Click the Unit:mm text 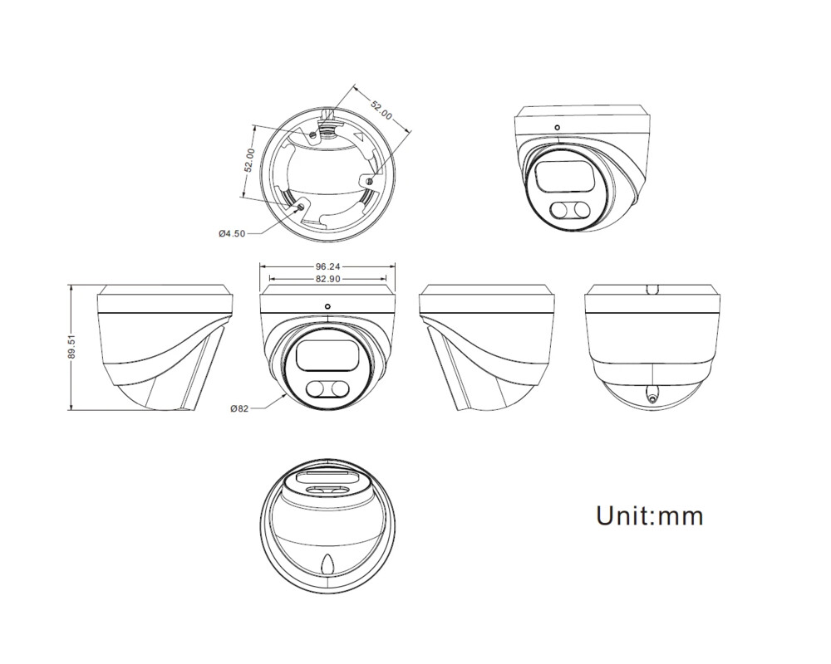click(x=649, y=515)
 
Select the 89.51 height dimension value click(x=72, y=348)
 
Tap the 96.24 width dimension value click(x=327, y=266)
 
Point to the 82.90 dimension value click(x=327, y=279)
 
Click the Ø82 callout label click(x=240, y=408)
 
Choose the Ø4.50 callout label click(x=232, y=233)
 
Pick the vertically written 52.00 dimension click(x=248, y=161)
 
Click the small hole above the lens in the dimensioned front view click(x=327, y=306)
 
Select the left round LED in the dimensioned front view click(x=317, y=388)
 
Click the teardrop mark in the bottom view click(x=327, y=564)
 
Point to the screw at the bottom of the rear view click(x=651, y=397)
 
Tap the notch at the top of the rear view click(x=652, y=290)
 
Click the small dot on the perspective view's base click(x=557, y=127)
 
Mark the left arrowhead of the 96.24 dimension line click(x=263, y=266)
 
